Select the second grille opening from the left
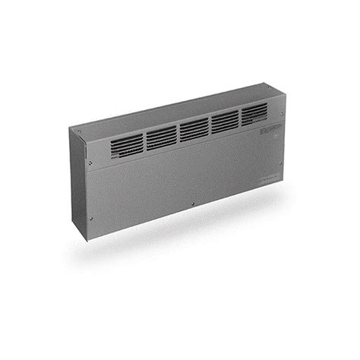point(161,137)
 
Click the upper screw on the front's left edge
point(90,162)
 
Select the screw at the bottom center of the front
point(194,203)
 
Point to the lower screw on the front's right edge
point(281,181)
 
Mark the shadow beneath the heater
point(190,235)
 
